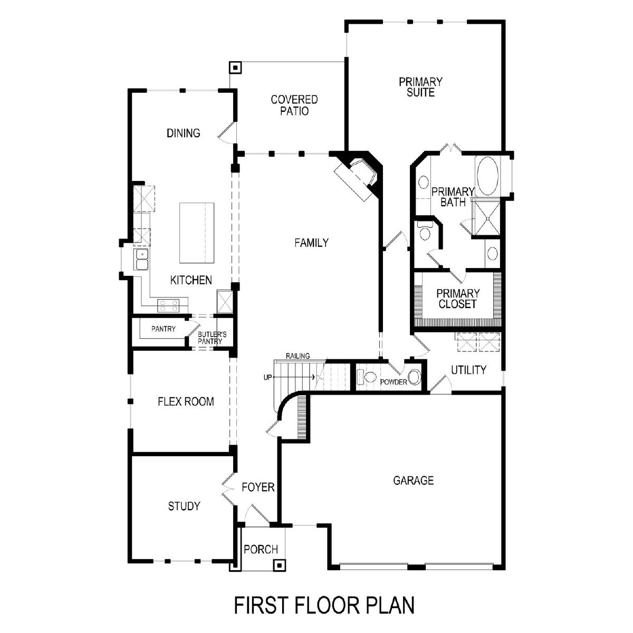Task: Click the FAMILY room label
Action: pyautogui.click(x=311, y=243)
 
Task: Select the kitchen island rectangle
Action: pyautogui.click(x=196, y=233)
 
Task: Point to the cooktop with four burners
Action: pyautogui.click(x=168, y=305)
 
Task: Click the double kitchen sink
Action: pyautogui.click(x=141, y=259)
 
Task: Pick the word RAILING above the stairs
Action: pyautogui.click(x=298, y=356)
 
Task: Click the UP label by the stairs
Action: pyautogui.click(x=268, y=378)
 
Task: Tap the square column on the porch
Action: pyautogui.click(x=279, y=565)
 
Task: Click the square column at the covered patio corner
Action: pyautogui.click(x=235, y=68)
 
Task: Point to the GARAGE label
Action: pyautogui.click(x=413, y=481)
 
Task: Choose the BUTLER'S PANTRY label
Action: pyautogui.click(x=212, y=338)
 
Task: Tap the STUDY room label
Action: pyautogui.click(x=184, y=506)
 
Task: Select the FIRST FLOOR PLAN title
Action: pyautogui.click(x=324, y=605)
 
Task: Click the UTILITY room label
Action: pyautogui.click(x=468, y=370)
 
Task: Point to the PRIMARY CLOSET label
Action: pyautogui.click(x=457, y=298)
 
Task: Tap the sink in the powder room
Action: pyautogui.click(x=415, y=377)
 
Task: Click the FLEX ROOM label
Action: pyautogui.click(x=186, y=401)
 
